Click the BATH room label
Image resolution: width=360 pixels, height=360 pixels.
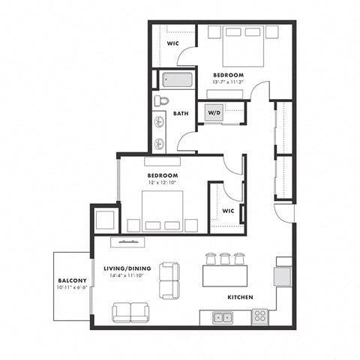181,114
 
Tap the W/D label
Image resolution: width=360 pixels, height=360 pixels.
214,113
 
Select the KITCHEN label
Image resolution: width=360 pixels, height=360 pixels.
240,298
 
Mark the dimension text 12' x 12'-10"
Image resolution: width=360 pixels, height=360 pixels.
162,181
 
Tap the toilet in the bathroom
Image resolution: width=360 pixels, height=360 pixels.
162,100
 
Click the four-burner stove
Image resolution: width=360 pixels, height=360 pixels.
259,316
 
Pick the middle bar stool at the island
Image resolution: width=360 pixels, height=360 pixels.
224,259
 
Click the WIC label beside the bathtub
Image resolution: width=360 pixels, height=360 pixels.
172,43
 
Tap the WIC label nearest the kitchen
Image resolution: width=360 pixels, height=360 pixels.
228,211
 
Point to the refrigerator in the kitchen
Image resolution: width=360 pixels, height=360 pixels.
283,277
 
